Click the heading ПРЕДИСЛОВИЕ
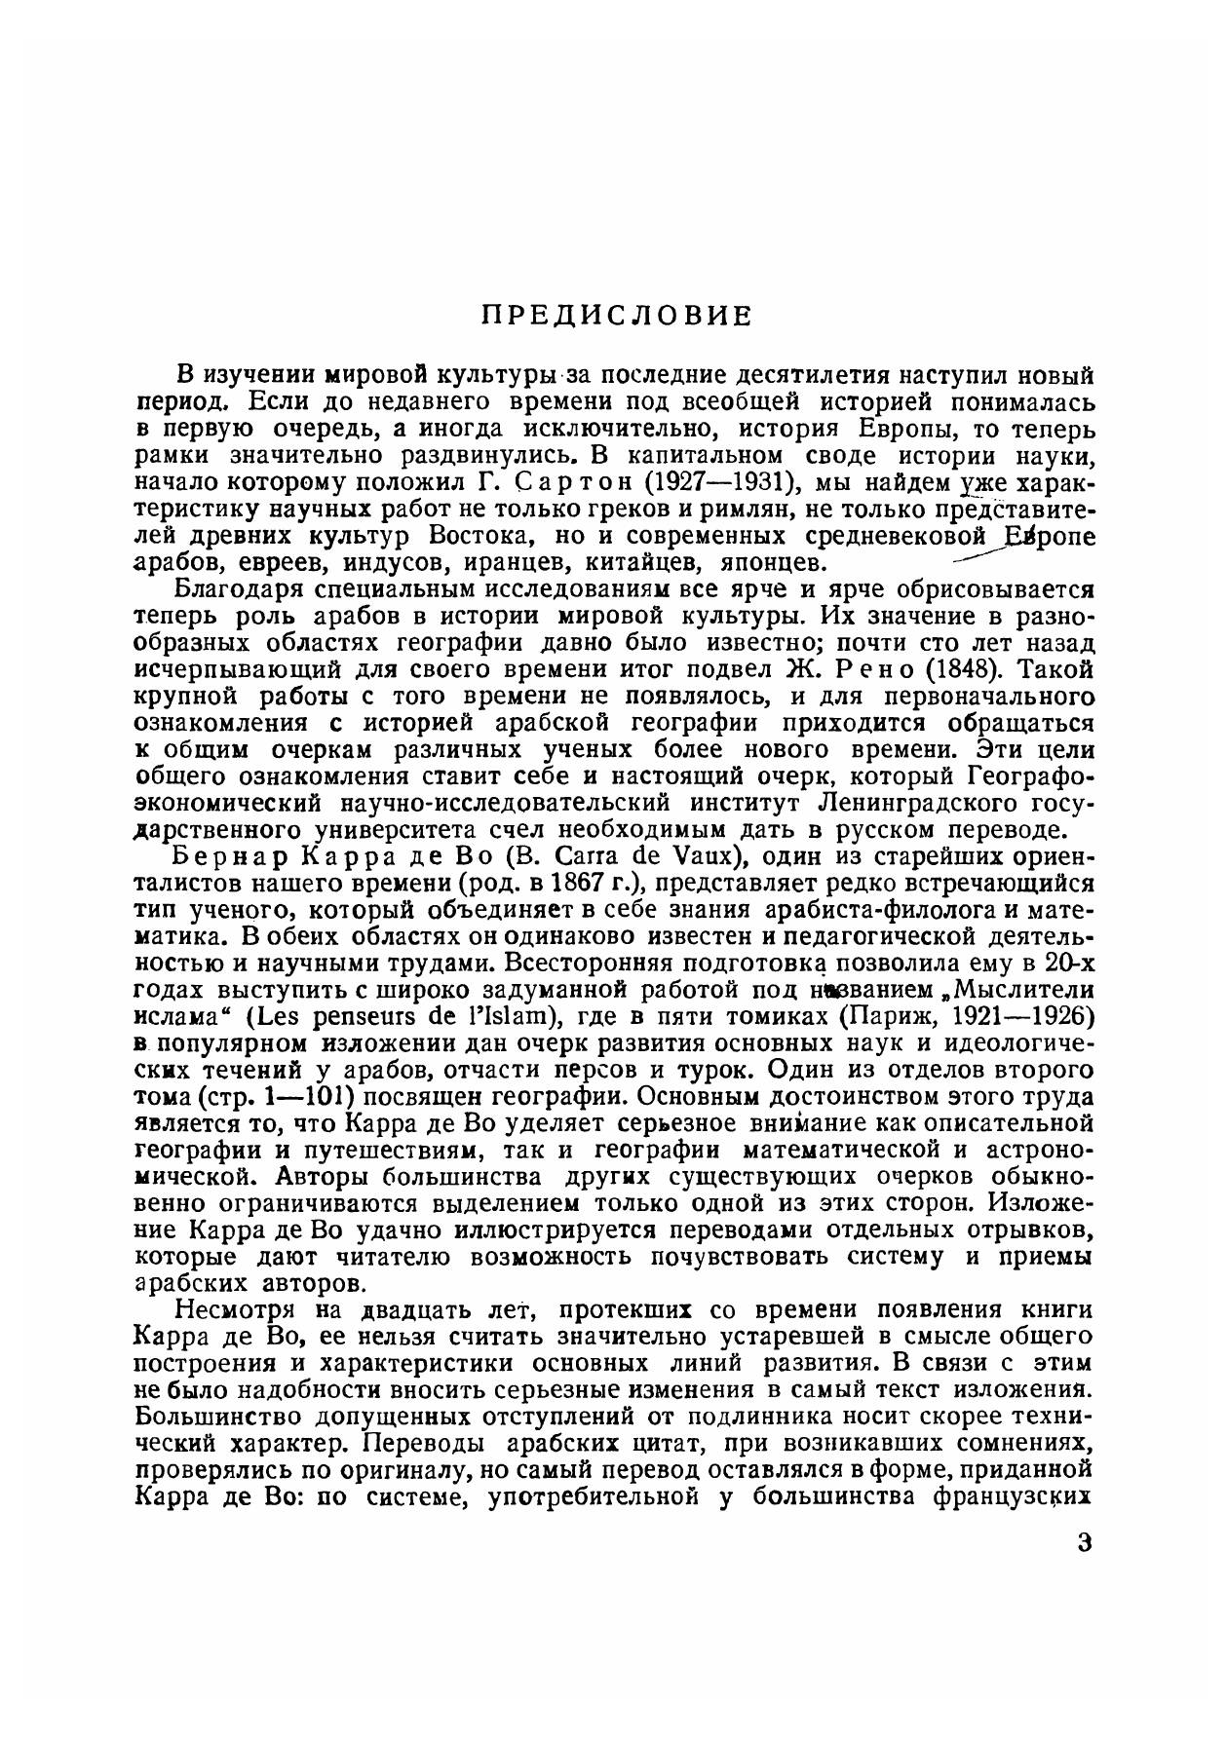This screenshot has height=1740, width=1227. pos(618,316)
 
